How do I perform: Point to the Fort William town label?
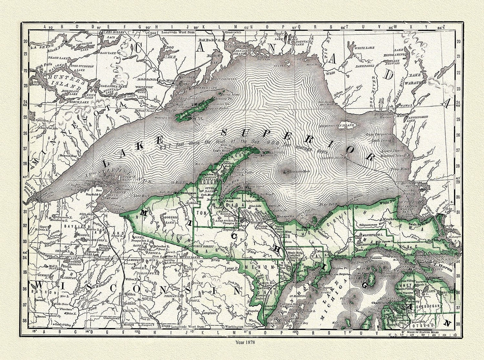tap(169, 80)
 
